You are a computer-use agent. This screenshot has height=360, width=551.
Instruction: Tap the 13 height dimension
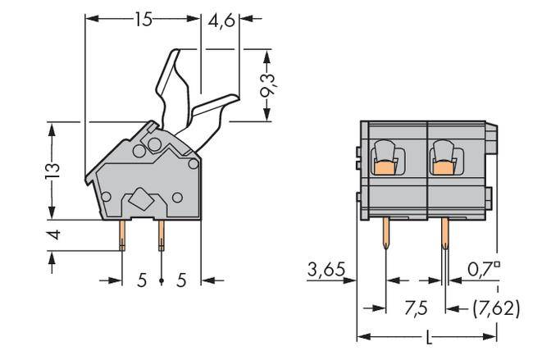pyautogui.click(x=52, y=170)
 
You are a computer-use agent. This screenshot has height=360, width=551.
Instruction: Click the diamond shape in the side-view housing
pyautogui.click(x=140, y=198)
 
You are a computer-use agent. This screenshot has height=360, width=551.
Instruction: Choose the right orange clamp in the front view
pyautogui.click(x=444, y=168)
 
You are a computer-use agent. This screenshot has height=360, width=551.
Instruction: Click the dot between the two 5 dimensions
pyautogui.click(x=161, y=281)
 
